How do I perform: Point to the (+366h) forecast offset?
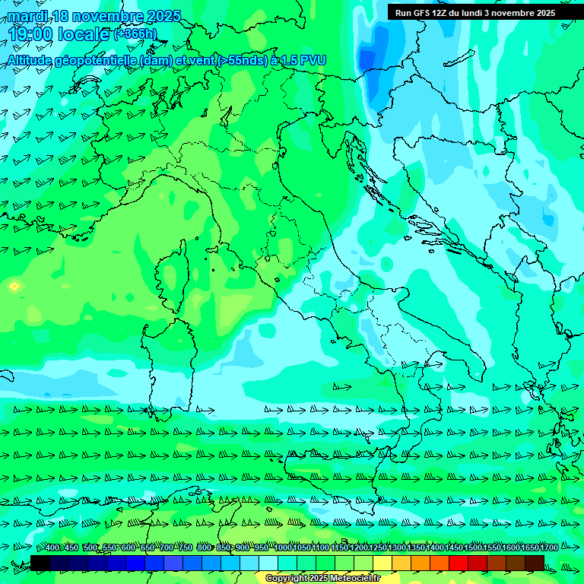coord(135,34)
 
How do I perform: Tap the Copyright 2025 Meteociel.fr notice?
coord(322,579)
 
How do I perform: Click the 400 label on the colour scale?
coord(52,548)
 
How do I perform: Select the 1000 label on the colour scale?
coord(282,548)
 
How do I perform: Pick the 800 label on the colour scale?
coord(205,548)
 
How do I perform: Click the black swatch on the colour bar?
coord(40,562)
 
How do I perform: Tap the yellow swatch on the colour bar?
coord(382,562)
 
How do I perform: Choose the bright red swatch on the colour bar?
coord(459,562)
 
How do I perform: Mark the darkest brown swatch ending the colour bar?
coord(535,562)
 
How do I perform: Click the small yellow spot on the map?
coord(14,287)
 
